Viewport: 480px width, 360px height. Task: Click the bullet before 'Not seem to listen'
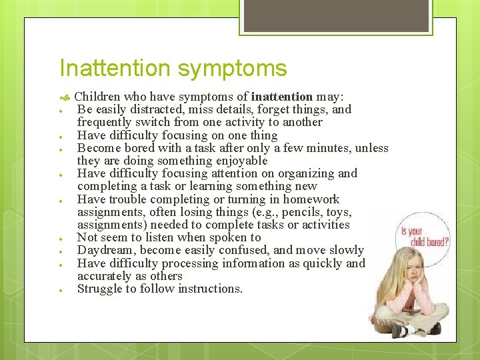point(60,239)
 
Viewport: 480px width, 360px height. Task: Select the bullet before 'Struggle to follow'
point(60,290)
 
